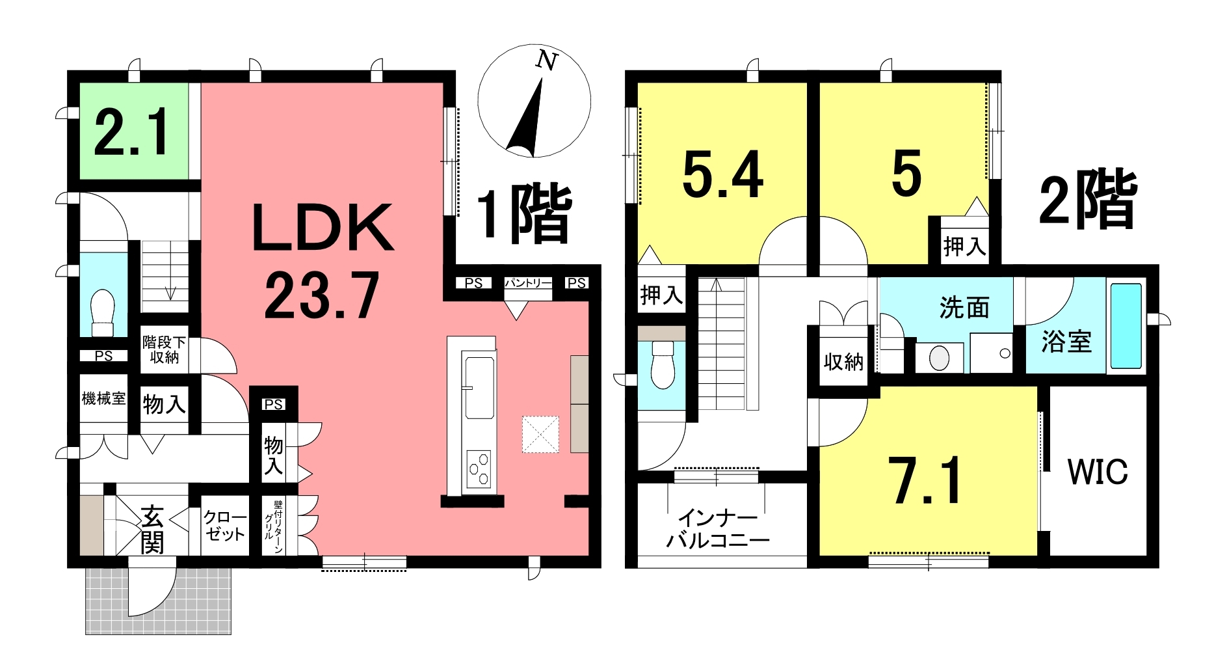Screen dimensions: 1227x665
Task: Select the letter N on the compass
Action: click(547, 61)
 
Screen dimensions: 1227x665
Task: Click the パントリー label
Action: click(528, 283)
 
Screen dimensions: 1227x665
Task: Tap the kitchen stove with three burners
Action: click(479, 468)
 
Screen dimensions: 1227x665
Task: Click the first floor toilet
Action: click(103, 312)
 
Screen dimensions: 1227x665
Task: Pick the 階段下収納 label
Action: click(164, 349)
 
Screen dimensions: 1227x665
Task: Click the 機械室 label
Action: click(103, 398)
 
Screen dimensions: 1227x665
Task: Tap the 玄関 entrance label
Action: click(153, 530)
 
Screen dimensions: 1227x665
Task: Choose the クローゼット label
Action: click(225, 526)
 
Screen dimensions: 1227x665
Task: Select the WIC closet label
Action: click(1098, 472)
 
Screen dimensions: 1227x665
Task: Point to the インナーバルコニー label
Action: click(718, 528)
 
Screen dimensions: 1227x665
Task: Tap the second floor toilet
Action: click(663, 364)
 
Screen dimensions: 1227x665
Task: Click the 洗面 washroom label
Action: click(964, 307)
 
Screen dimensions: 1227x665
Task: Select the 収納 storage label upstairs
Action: click(843, 362)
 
